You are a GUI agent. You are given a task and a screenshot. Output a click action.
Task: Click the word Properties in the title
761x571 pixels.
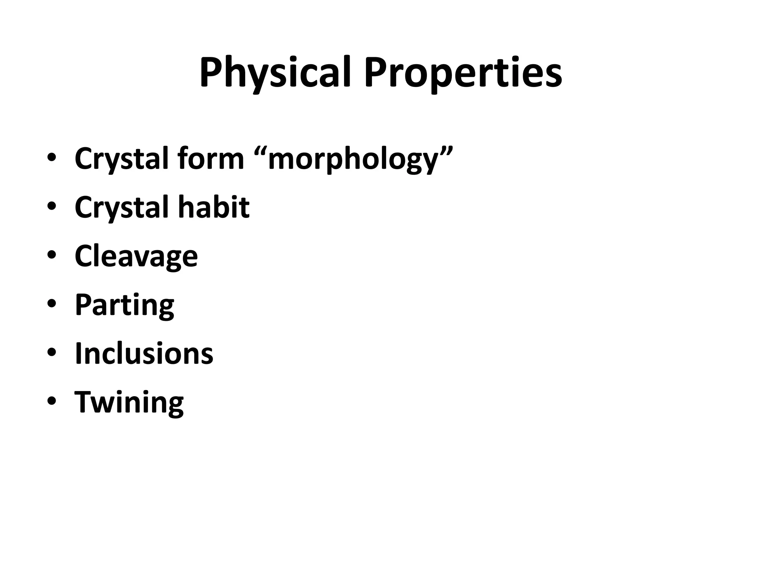tap(463, 73)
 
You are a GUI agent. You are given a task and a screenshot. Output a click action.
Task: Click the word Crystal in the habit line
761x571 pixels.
tap(122, 207)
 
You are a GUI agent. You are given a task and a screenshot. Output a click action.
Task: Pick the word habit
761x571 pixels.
tap(214, 207)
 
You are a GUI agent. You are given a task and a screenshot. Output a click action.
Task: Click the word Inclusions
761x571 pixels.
tap(144, 353)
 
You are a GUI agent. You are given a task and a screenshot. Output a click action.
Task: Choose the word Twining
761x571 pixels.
tap(129, 403)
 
